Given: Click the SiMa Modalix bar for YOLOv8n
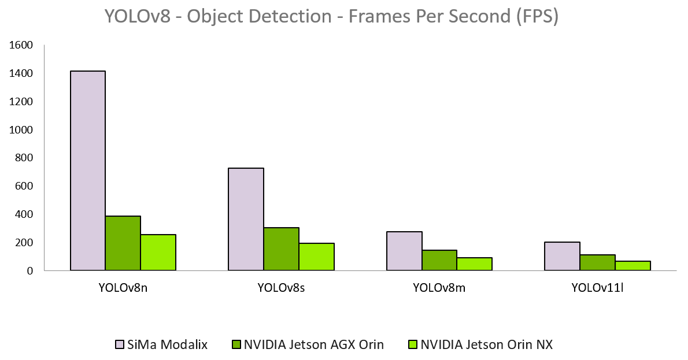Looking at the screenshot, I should pos(88,170).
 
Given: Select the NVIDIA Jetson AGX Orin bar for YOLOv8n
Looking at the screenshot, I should pos(123,243).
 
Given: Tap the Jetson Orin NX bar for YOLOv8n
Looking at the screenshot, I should pos(158,253).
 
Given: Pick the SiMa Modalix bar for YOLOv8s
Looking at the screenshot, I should pos(246,219).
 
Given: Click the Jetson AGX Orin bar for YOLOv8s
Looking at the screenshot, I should pos(282,249).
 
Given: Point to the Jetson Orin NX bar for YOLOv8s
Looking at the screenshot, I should pos(317,257).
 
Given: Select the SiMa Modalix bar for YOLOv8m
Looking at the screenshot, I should pos(404,251).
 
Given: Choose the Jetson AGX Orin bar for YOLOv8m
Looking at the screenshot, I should pos(439,260).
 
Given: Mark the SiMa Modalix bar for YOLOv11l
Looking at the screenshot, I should pos(563,256).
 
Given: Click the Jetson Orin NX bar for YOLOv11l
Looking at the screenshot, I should pos(633,266).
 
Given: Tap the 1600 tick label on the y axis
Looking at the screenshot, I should pos(22,45).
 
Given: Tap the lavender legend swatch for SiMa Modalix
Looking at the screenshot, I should pos(120,345).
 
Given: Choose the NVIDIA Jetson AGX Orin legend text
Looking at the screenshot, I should pos(314,345).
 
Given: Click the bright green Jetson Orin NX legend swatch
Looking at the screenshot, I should pos(413,345).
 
